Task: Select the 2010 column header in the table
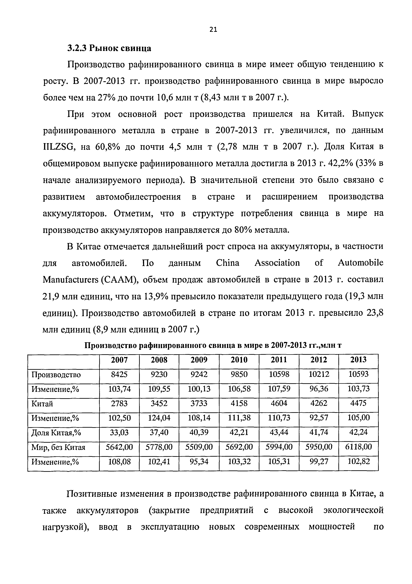239,360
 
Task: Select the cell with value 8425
119,374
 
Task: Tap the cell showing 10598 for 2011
279,374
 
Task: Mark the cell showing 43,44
279,432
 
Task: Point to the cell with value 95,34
199,461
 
